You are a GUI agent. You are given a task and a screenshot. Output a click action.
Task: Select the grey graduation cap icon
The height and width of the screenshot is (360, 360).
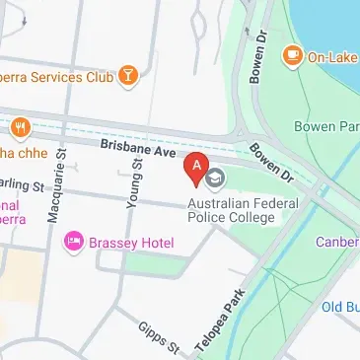coord(215,179)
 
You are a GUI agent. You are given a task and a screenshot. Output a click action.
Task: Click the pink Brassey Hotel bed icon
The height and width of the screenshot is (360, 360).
coord(72,242)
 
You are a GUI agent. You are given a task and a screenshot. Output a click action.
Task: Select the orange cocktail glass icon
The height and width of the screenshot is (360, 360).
coord(127,75)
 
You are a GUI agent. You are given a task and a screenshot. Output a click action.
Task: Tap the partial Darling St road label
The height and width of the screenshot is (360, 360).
coord(24,185)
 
